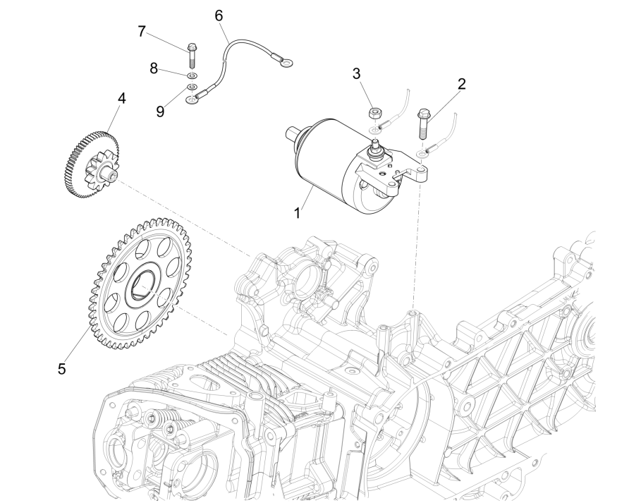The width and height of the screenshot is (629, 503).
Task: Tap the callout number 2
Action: click(462, 83)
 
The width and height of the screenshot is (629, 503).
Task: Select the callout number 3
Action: click(357, 73)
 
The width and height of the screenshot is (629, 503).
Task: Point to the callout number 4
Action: click(122, 99)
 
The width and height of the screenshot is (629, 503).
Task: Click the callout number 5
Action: click(62, 368)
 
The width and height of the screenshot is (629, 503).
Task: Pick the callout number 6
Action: click(218, 14)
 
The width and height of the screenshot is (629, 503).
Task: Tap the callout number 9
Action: click(161, 111)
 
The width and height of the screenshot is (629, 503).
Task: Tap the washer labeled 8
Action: click(191, 75)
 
